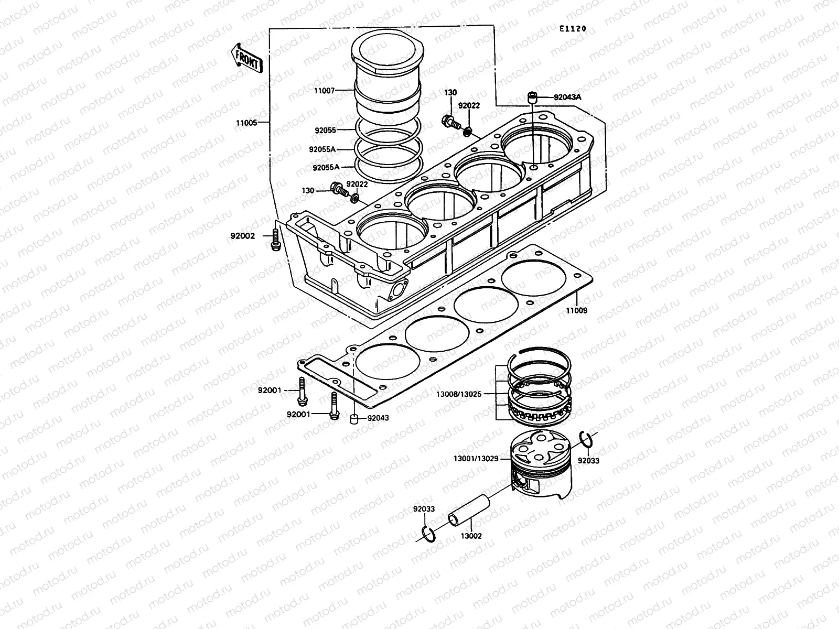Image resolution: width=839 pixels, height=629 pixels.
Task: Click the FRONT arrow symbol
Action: [246, 57]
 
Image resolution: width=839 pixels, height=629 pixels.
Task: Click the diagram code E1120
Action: [572, 29]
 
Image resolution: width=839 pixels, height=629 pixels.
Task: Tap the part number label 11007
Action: [339, 90]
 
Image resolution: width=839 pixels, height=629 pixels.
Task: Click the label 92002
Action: [242, 236]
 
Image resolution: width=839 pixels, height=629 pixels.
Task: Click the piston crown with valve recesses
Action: [540, 447]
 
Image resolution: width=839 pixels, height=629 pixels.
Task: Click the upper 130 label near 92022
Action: [450, 93]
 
